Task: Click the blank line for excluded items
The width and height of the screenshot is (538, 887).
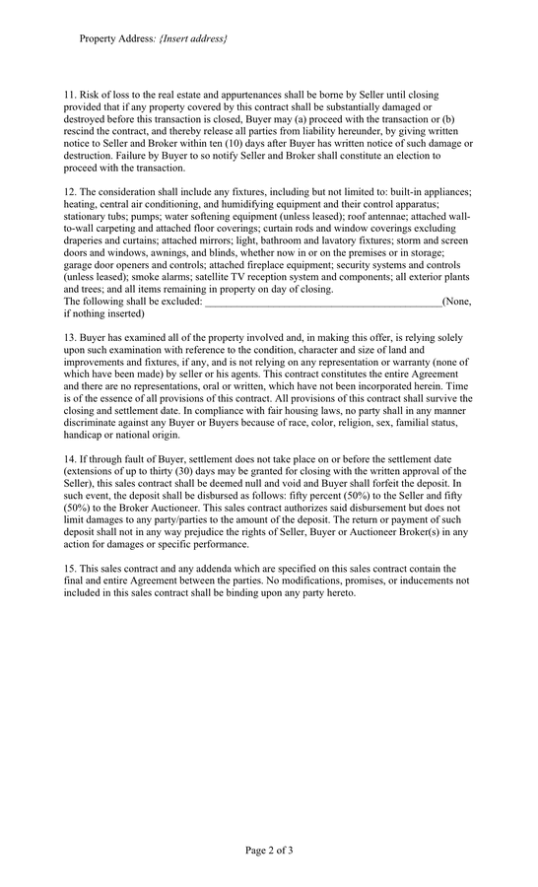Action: pos(323,302)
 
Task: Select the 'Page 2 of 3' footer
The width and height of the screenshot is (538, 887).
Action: pos(269,850)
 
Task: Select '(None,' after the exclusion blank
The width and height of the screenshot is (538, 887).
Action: pos(457,302)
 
